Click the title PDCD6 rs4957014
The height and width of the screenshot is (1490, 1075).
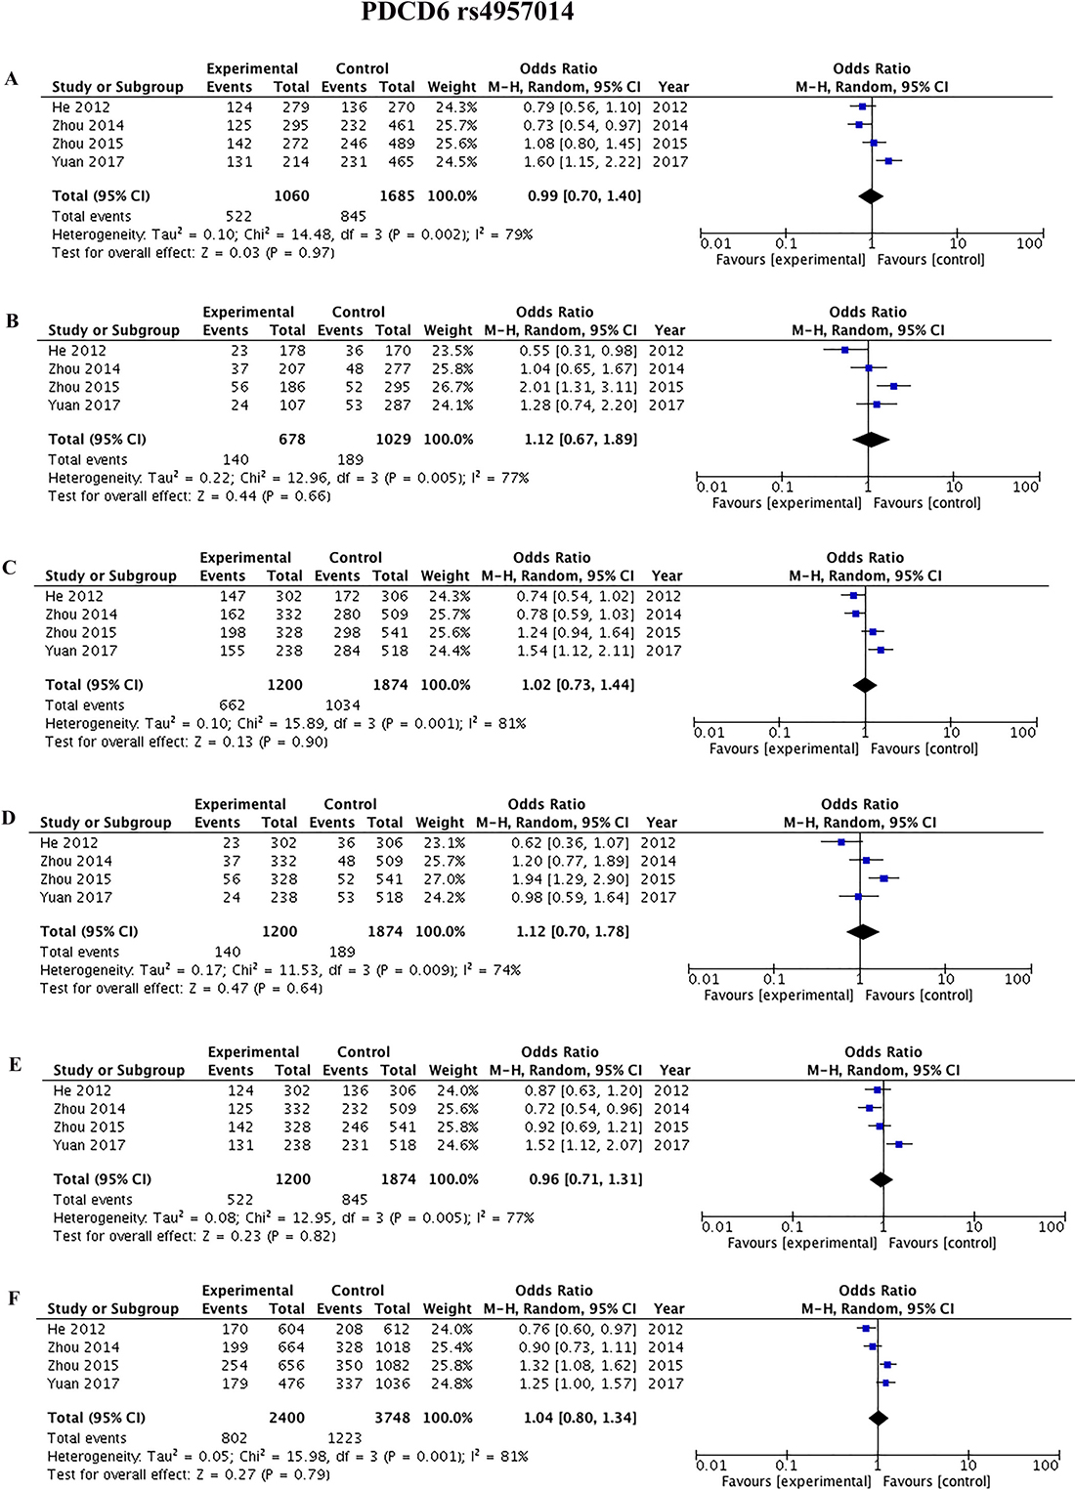[x=467, y=12]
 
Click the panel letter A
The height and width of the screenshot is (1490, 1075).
[x=12, y=79]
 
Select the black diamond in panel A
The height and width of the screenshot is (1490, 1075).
[x=871, y=196]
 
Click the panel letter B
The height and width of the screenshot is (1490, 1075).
[x=12, y=320]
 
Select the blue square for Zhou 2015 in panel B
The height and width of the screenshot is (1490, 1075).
[x=893, y=387]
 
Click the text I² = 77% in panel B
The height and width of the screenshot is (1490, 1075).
[x=499, y=478]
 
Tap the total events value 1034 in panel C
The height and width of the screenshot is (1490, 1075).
[x=342, y=705]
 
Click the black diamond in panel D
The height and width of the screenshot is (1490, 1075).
[x=861, y=932]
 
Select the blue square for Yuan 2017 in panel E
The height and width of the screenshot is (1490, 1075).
[x=899, y=1145]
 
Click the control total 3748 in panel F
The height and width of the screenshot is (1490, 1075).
[x=391, y=1418]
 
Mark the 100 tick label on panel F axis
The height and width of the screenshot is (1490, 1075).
[x=1045, y=1465]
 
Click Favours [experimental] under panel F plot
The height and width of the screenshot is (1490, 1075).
[x=795, y=1481]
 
